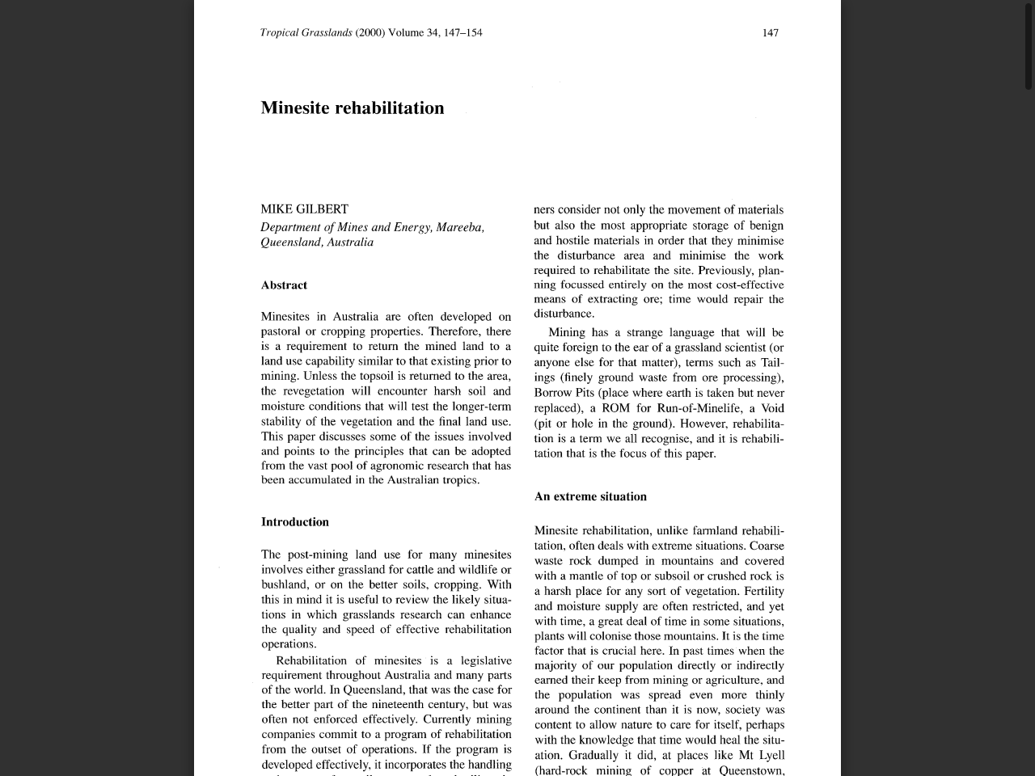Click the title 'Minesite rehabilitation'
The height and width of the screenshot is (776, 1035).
point(353,108)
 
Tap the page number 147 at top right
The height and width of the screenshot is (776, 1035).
point(771,33)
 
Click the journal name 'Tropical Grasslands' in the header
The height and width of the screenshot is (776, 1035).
point(306,33)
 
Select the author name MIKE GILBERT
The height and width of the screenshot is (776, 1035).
point(304,209)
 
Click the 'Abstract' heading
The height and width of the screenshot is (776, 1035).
point(284,285)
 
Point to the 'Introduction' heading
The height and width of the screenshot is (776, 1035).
point(295,522)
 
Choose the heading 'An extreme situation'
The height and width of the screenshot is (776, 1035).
point(590,497)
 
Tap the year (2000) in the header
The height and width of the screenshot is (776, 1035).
point(370,33)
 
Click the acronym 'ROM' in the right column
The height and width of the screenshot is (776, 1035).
point(616,408)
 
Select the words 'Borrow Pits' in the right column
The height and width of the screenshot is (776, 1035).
point(564,393)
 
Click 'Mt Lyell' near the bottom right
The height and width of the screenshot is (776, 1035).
point(762,756)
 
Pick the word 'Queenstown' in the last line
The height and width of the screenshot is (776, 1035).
point(750,770)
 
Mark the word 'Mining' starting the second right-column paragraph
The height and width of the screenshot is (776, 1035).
point(567,333)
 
